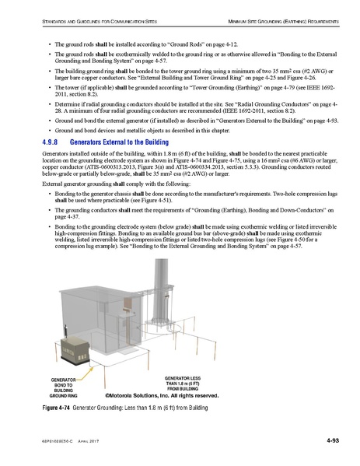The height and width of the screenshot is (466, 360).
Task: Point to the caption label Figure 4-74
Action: (x=56, y=408)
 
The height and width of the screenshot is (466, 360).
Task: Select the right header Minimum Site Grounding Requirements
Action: (x=278, y=17)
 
